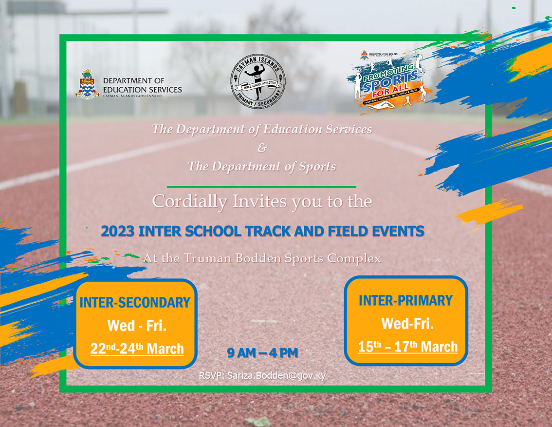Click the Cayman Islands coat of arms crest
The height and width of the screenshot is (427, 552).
87,84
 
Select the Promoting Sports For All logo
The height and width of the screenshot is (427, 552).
385,80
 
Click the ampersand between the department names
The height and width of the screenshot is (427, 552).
262,148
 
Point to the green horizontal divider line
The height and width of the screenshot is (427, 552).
261,187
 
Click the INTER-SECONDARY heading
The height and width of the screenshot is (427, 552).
135,303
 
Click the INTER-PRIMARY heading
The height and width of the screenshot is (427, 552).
405,300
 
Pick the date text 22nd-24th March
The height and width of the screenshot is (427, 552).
137,349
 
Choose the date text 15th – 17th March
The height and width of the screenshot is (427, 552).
408,347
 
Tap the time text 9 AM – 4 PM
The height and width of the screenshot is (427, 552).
262,353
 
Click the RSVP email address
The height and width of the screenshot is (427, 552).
276,376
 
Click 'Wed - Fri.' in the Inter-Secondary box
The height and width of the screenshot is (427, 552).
137,326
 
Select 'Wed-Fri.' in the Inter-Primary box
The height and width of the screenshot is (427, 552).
407,323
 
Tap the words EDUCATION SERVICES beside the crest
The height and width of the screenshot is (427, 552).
142,90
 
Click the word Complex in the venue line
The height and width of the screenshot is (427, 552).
354,258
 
